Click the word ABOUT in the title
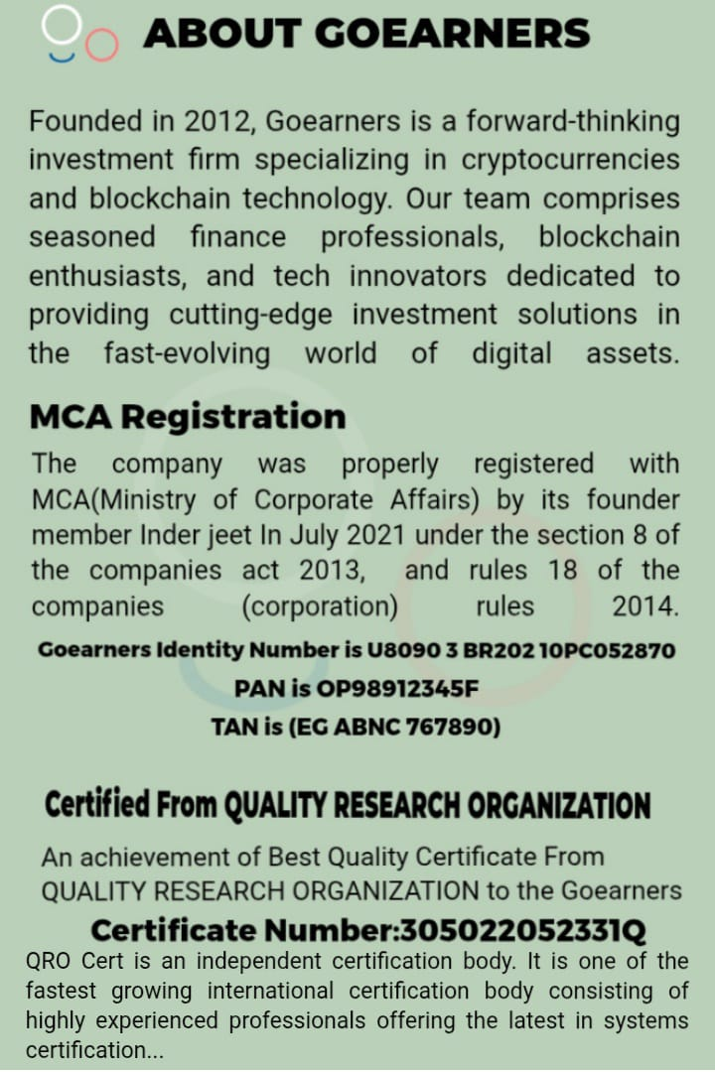[x=219, y=35]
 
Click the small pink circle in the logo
[x=101, y=43]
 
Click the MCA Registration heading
[x=188, y=417]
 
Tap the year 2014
[x=645, y=606]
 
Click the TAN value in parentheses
[x=394, y=728]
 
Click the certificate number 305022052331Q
[x=521, y=931]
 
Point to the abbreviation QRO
[x=49, y=962]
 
